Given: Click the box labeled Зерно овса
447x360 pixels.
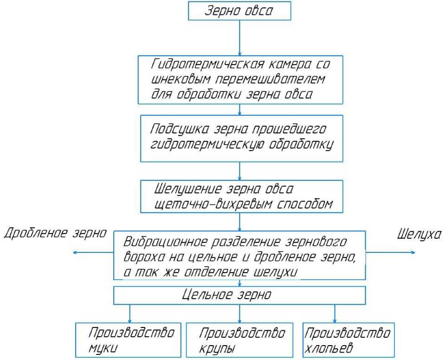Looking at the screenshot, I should (x=239, y=11).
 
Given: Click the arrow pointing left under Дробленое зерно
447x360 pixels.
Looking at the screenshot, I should (x=93, y=252).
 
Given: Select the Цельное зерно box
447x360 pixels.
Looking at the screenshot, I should (x=239, y=295).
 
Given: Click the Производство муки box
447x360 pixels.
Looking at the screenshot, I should (x=129, y=340).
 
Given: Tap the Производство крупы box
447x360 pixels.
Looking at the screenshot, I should (x=239, y=340).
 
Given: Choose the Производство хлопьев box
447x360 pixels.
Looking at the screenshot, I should (x=348, y=340).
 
